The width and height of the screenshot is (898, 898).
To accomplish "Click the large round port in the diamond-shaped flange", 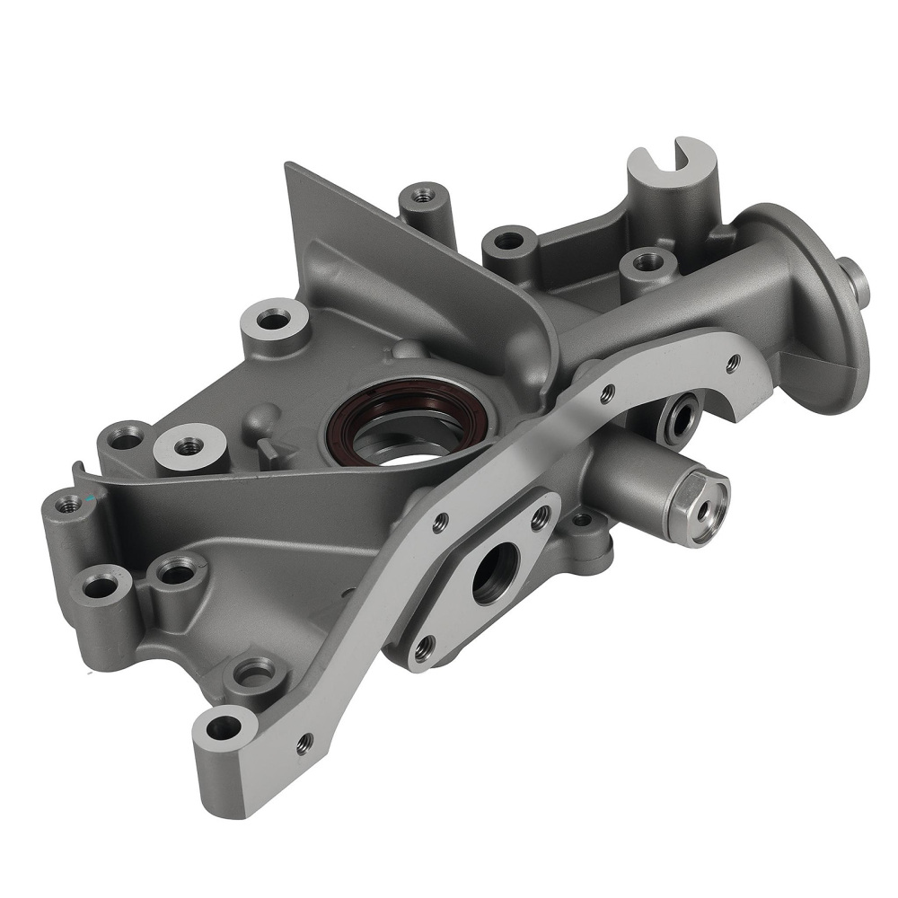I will [x=495, y=573].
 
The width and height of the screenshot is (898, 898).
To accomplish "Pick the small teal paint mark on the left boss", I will [x=91, y=497].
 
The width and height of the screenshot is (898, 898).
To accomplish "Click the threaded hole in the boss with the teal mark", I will [x=65, y=505].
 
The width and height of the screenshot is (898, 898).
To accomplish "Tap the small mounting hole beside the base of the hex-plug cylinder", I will [x=581, y=518].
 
